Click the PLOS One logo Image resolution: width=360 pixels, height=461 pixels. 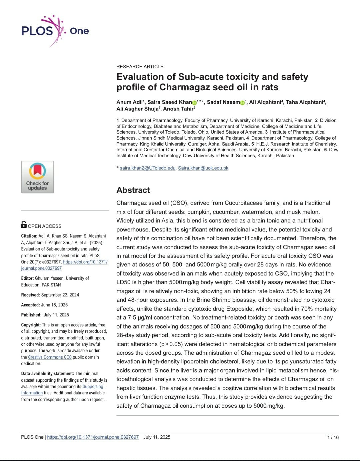tap(55, 31)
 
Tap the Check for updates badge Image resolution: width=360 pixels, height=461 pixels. tap(37, 177)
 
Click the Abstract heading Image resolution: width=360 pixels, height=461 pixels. tap(133, 190)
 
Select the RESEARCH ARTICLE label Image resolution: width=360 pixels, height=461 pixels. tap(140, 67)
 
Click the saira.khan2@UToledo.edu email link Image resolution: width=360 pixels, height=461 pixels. tap(147, 168)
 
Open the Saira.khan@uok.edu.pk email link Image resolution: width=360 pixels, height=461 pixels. tap(203, 168)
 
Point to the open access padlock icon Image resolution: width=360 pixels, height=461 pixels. tap(24, 225)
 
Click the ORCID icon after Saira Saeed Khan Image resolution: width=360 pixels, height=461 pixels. tap(194, 103)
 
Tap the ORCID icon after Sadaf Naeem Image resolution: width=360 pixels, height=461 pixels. tap(242, 103)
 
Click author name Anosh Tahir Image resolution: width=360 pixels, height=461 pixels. tap(178, 109)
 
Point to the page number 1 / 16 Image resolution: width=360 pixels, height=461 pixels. tap(333, 437)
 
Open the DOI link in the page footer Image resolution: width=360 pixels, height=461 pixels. tap(93, 437)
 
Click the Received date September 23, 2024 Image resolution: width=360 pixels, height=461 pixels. tap(60, 295)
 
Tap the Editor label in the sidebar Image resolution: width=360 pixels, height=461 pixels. tap(27, 278)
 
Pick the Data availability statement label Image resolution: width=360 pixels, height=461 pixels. tap(48, 373)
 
